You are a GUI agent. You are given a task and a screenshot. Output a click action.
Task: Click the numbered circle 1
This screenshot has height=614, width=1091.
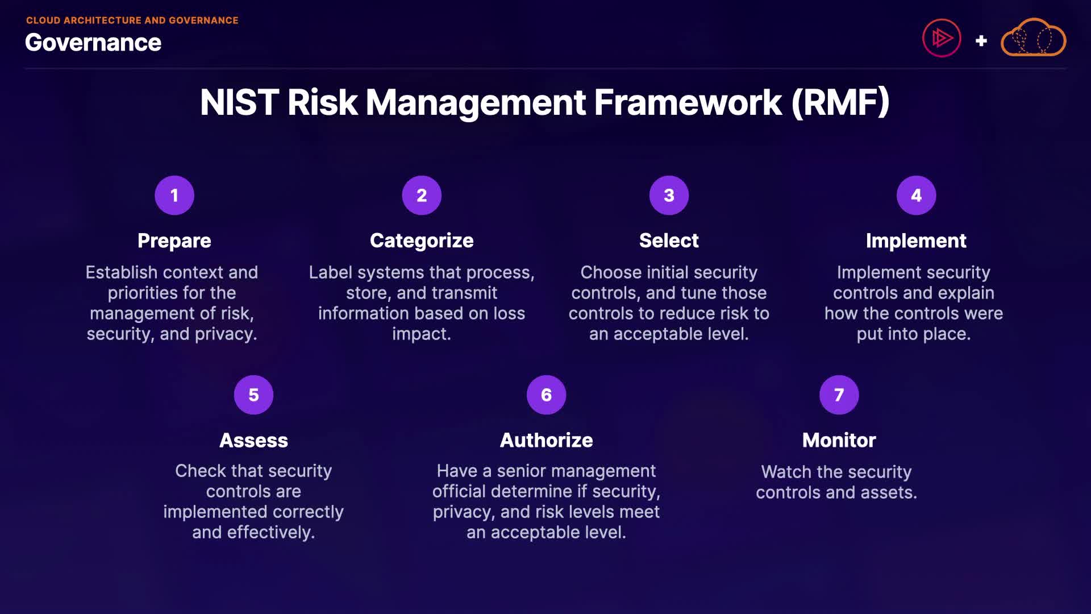coord(174,196)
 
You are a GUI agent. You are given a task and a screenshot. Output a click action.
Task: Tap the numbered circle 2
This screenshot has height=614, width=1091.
coord(422,196)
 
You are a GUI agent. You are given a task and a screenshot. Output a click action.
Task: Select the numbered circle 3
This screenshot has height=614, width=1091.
coord(669,196)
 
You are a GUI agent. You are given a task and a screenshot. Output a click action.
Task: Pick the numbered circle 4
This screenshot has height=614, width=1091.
coord(916,196)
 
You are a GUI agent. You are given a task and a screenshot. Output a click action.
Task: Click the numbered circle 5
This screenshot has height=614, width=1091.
coord(253,395)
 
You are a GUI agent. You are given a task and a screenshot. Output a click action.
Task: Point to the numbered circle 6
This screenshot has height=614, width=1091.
coord(546,395)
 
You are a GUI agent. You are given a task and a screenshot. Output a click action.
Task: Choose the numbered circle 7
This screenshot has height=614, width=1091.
coord(839,395)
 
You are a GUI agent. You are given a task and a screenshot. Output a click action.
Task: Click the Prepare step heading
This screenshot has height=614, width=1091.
coord(174,241)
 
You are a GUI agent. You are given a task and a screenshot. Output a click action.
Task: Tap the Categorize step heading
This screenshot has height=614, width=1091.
coord(422,241)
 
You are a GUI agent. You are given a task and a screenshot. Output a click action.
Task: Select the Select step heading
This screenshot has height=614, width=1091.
coord(669,240)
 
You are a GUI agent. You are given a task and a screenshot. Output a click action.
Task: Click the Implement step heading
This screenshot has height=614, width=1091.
coord(916,241)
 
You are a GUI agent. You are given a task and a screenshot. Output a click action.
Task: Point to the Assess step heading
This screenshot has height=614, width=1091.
coord(253,441)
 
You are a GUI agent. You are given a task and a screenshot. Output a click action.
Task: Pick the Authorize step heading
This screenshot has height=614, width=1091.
coord(546,441)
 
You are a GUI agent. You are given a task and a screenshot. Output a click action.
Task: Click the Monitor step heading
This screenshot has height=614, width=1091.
coord(839,441)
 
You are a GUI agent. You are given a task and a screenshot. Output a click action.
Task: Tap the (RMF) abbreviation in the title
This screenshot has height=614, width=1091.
coord(840,103)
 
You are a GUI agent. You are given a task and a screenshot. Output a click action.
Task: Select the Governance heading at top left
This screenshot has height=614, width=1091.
coord(93,43)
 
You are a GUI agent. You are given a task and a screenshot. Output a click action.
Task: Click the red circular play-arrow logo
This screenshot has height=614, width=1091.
coord(942,38)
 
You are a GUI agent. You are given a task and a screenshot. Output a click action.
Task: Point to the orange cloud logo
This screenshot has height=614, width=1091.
coord(1033,38)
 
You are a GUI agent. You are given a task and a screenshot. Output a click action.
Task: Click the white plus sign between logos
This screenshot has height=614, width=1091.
coord(981,41)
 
